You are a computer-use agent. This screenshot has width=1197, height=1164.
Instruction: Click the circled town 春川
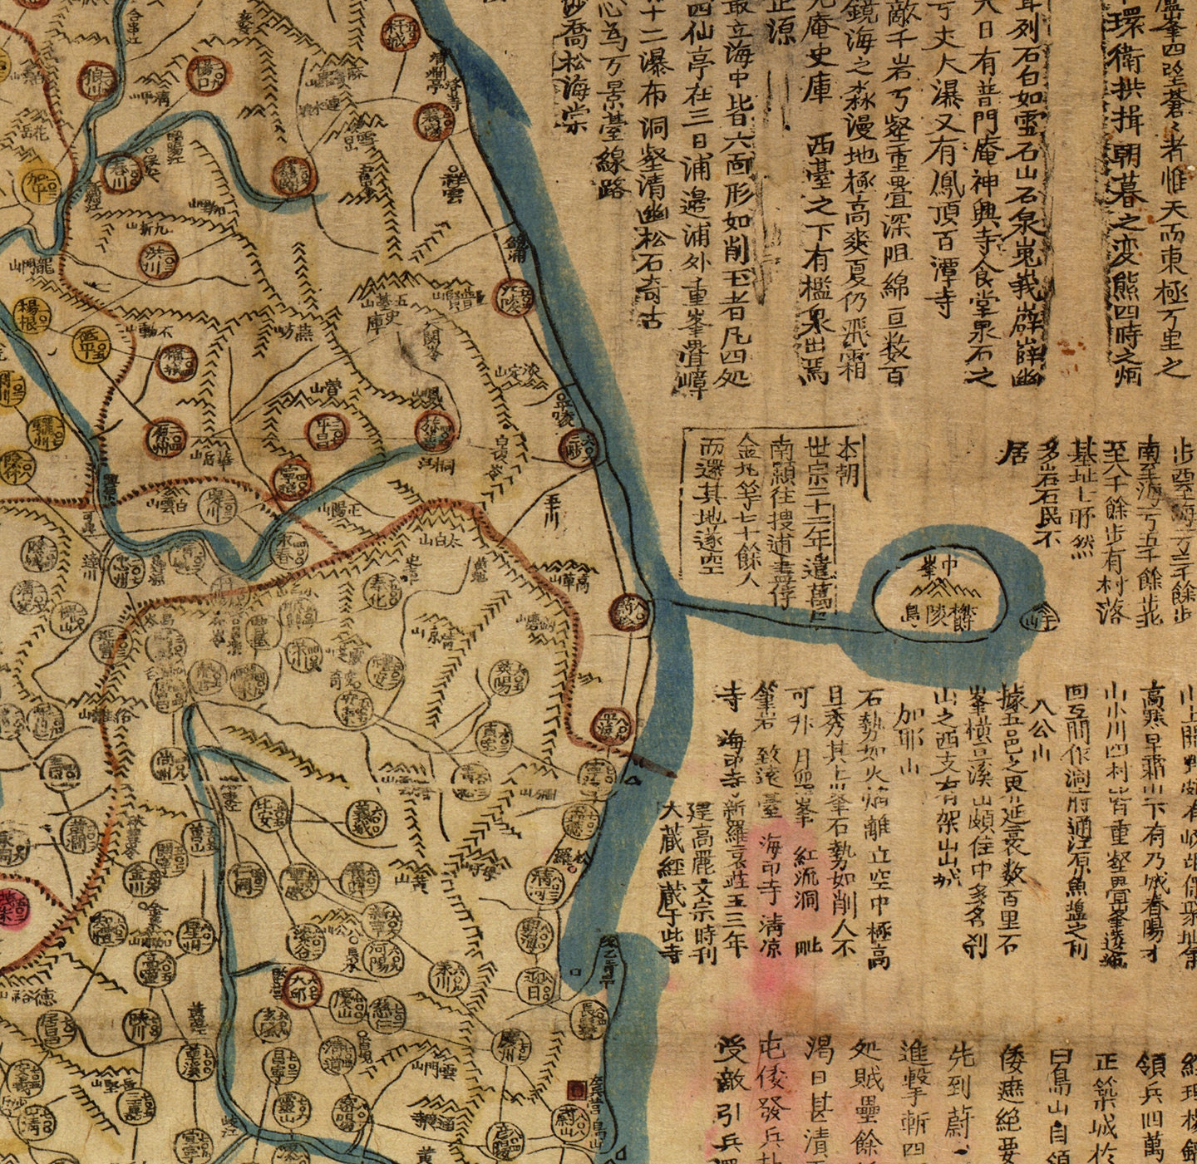point(117,173)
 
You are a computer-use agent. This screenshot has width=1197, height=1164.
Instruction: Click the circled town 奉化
point(382,590)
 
